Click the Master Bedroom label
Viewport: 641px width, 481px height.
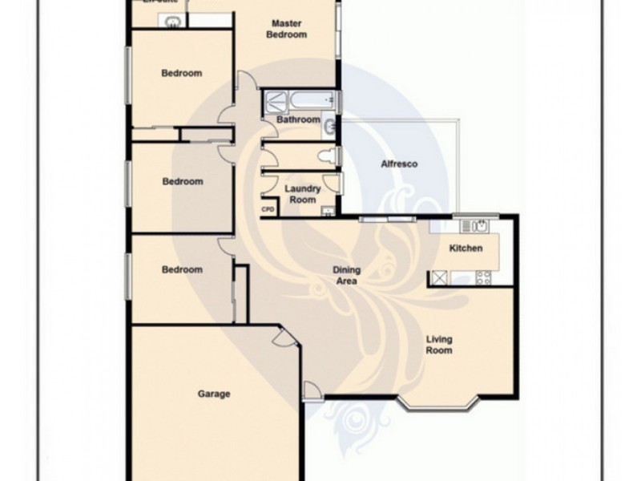(286, 29)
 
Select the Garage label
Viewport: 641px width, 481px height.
(214, 394)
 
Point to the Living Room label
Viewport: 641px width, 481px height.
(438, 345)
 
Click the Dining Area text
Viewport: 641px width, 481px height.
(346, 276)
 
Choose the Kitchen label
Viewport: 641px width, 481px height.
(466, 249)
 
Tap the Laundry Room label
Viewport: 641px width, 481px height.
(303, 194)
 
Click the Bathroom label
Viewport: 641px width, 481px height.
(298, 120)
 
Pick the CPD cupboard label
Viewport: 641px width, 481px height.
(268, 210)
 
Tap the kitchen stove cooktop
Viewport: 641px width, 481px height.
(483, 277)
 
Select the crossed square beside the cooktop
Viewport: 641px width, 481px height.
(440, 277)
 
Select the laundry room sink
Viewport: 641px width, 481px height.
(326, 211)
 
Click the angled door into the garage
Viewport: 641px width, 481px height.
(282, 340)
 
